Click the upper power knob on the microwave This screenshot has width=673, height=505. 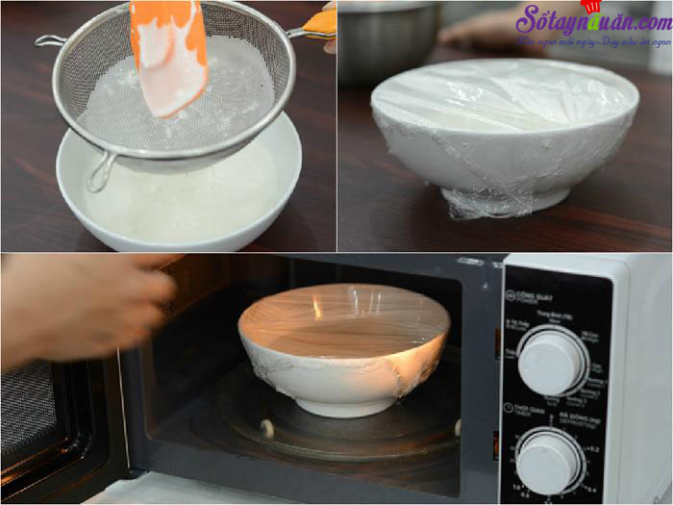coord(551,361)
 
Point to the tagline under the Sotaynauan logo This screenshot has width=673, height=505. coord(592,43)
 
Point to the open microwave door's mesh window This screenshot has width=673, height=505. coord(29,404)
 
